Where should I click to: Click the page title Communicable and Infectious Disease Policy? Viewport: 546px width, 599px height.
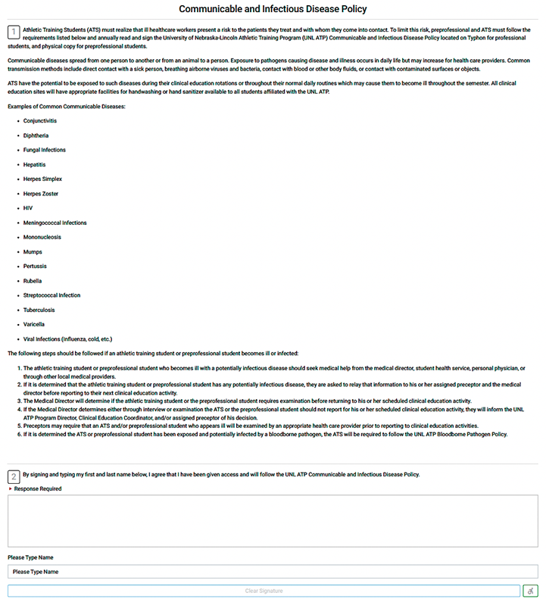(273, 9)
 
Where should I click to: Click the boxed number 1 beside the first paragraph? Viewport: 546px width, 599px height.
(14, 32)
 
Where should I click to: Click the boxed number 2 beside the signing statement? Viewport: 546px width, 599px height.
(14, 476)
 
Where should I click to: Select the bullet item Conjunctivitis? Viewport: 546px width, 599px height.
(39, 121)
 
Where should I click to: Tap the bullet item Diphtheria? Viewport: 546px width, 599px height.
(36, 136)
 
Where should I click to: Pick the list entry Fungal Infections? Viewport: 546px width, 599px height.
(44, 150)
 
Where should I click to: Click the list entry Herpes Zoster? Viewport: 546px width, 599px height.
(41, 194)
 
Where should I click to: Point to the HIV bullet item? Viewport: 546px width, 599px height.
(28, 208)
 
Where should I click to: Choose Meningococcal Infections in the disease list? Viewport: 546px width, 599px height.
(55, 223)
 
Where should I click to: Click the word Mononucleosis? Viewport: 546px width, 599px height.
(42, 237)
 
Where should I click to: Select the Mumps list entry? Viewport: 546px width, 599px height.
(33, 251)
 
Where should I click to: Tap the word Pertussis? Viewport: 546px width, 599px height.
(35, 267)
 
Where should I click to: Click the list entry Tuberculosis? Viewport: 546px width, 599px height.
(40, 310)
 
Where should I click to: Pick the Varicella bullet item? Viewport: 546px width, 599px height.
(34, 324)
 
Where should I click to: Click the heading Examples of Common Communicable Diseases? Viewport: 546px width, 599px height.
(67, 107)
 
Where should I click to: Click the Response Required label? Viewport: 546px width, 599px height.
(38, 489)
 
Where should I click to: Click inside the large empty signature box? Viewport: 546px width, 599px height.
(273, 521)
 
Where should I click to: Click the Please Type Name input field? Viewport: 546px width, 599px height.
(273, 572)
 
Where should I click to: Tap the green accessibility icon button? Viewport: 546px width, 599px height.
(530, 591)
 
